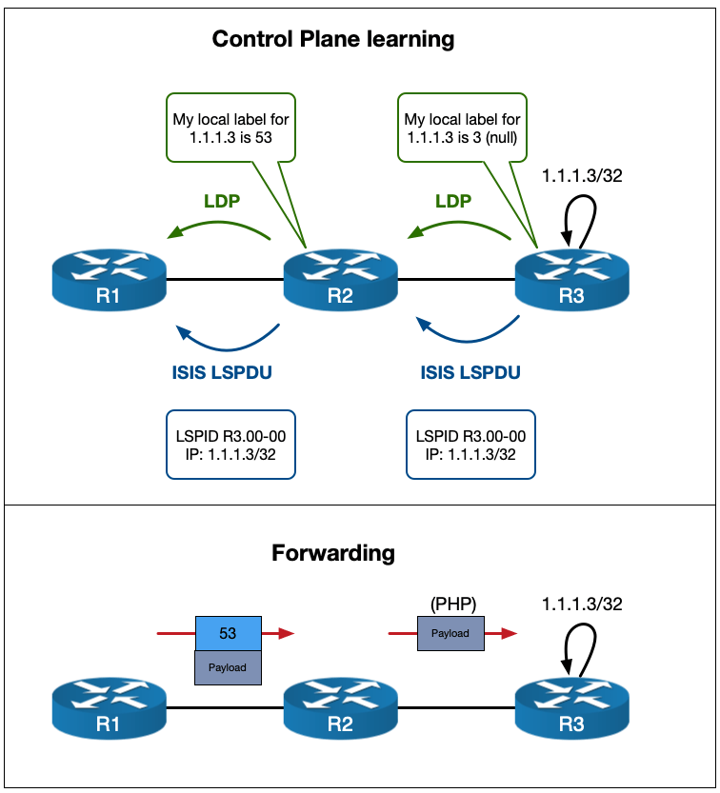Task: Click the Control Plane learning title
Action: coord(332,40)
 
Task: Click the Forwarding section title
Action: coord(332,552)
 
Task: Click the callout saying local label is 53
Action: coord(230,129)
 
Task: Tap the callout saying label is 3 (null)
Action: coord(463,129)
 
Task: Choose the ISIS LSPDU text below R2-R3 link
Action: coord(470,372)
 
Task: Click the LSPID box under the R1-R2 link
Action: coord(230,445)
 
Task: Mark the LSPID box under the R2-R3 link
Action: coord(470,445)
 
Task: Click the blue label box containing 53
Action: coord(228,633)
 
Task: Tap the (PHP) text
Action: coord(451,604)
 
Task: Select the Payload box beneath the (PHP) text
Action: coord(450,633)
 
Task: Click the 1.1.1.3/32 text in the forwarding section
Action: coord(583,604)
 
